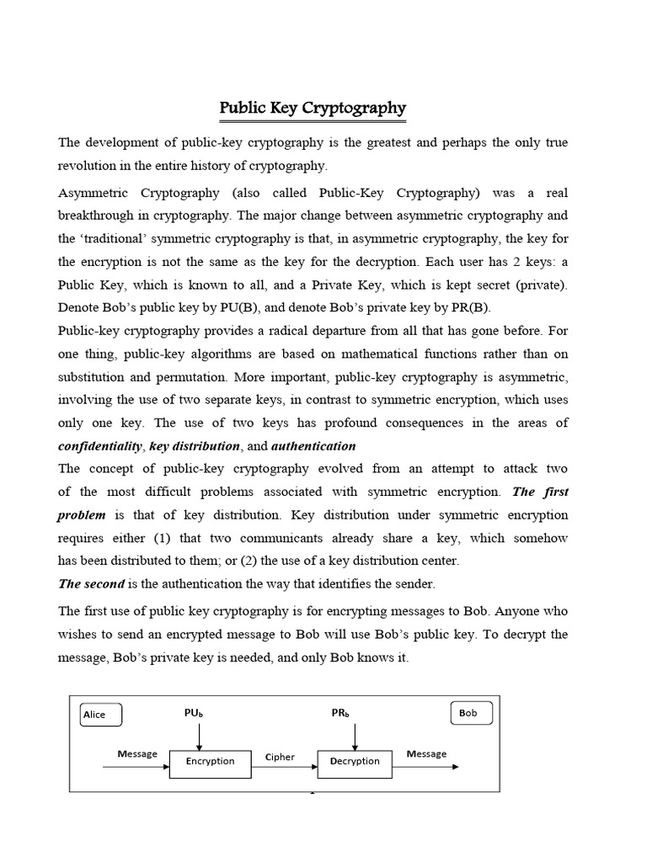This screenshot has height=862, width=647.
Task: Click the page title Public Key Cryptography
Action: pyautogui.click(x=313, y=108)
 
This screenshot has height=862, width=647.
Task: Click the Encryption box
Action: pyautogui.click(x=210, y=762)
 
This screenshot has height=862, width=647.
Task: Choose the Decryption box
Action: pyautogui.click(x=355, y=762)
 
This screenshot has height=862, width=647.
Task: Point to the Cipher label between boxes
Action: pyautogui.click(x=281, y=757)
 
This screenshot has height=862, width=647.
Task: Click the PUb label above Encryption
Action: pyautogui.click(x=194, y=713)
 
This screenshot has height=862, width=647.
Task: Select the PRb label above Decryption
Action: pyautogui.click(x=340, y=713)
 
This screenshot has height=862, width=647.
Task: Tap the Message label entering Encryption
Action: pyautogui.click(x=136, y=754)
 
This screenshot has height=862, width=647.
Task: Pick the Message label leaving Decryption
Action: pyautogui.click(x=426, y=754)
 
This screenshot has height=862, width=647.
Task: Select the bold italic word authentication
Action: pyautogui.click(x=314, y=446)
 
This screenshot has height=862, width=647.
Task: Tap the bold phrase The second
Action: pyautogui.click(x=91, y=583)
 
